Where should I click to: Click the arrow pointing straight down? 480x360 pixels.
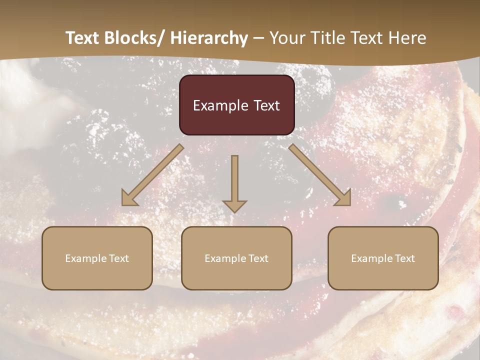point(234,182)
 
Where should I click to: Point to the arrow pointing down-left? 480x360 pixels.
point(152,175)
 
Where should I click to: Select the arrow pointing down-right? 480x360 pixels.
point(320,175)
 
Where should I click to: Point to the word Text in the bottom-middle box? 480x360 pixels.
point(258,258)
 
